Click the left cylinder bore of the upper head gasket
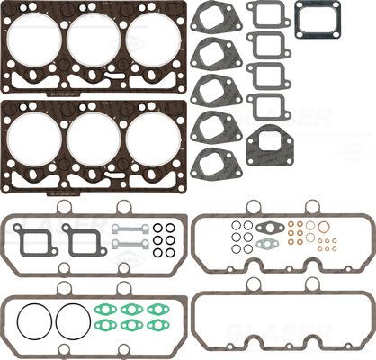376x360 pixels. pos(36,40)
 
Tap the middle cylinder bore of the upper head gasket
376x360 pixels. pos(93,40)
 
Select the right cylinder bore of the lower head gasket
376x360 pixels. pos(149,136)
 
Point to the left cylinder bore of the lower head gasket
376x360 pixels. pos(36,136)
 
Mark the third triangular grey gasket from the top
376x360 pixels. pos(213,89)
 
